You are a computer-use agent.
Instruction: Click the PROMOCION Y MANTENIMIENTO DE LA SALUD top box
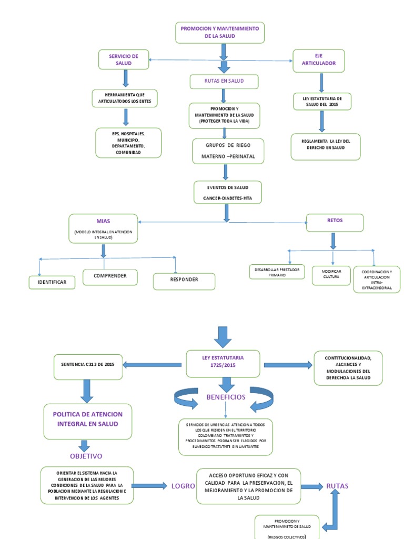pyautogui.click(x=219, y=33)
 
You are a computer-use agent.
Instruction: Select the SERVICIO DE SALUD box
pyautogui.click(x=124, y=59)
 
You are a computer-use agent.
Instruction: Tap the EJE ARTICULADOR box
pyautogui.click(x=319, y=61)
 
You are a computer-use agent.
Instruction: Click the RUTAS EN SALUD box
pyautogui.click(x=224, y=82)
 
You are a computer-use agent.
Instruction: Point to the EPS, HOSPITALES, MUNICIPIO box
pyautogui.click(x=128, y=143)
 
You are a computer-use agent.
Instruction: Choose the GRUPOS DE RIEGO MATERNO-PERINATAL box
pyautogui.click(x=228, y=151)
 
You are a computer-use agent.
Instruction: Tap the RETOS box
pyautogui.click(x=334, y=223)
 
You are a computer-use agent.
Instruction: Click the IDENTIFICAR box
pyautogui.click(x=52, y=283)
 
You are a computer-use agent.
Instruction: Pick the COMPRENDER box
pyautogui.click(x=110, y=277)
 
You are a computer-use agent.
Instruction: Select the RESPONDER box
pyautogui.click(x=184, y=281)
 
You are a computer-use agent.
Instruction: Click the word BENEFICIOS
pyautogui.click(x=226, y=397)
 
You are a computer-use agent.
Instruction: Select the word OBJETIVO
pyautogui.click(x=86, y=456)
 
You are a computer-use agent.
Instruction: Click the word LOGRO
pyautogui.click(x=183, y=486)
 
